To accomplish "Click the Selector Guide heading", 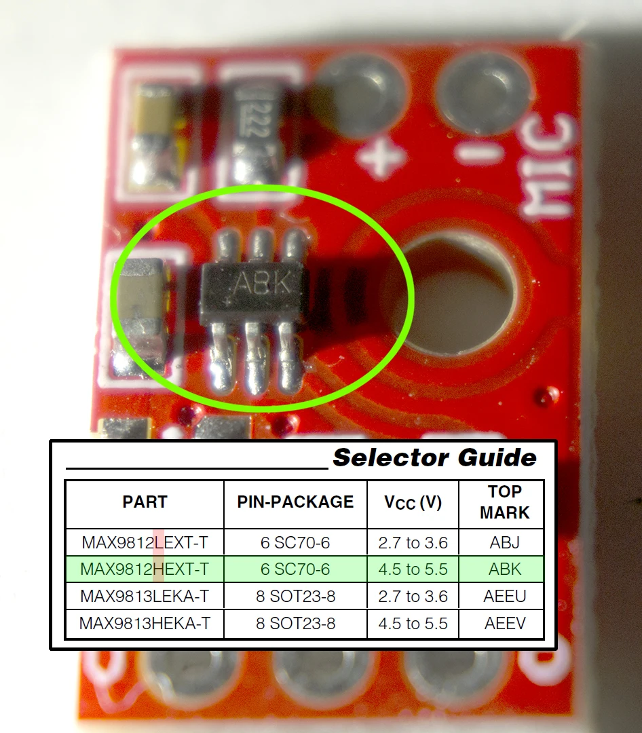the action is click(x=434, y=457).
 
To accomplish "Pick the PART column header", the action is click(x=145, y=502).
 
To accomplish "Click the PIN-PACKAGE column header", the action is click(x=295, y=502).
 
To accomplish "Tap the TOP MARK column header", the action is click(x=504, y=502).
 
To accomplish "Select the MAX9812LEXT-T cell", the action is click(x=145, y=542).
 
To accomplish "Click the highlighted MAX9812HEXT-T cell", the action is click(x=145, y=569).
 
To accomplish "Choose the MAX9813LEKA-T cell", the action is click(x=145, y=597).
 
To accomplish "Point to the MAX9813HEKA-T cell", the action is click(x=145, y=624).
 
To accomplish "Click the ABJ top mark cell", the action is click(x=504, y=542).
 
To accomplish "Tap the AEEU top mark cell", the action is click(x=504, y=597).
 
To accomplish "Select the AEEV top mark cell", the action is click(x=504, y=624).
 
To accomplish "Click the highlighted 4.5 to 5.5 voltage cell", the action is click(x=413, y=569).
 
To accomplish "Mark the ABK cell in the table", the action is click(x=504, y=569).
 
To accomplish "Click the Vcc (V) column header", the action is click(x=413, y=503).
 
